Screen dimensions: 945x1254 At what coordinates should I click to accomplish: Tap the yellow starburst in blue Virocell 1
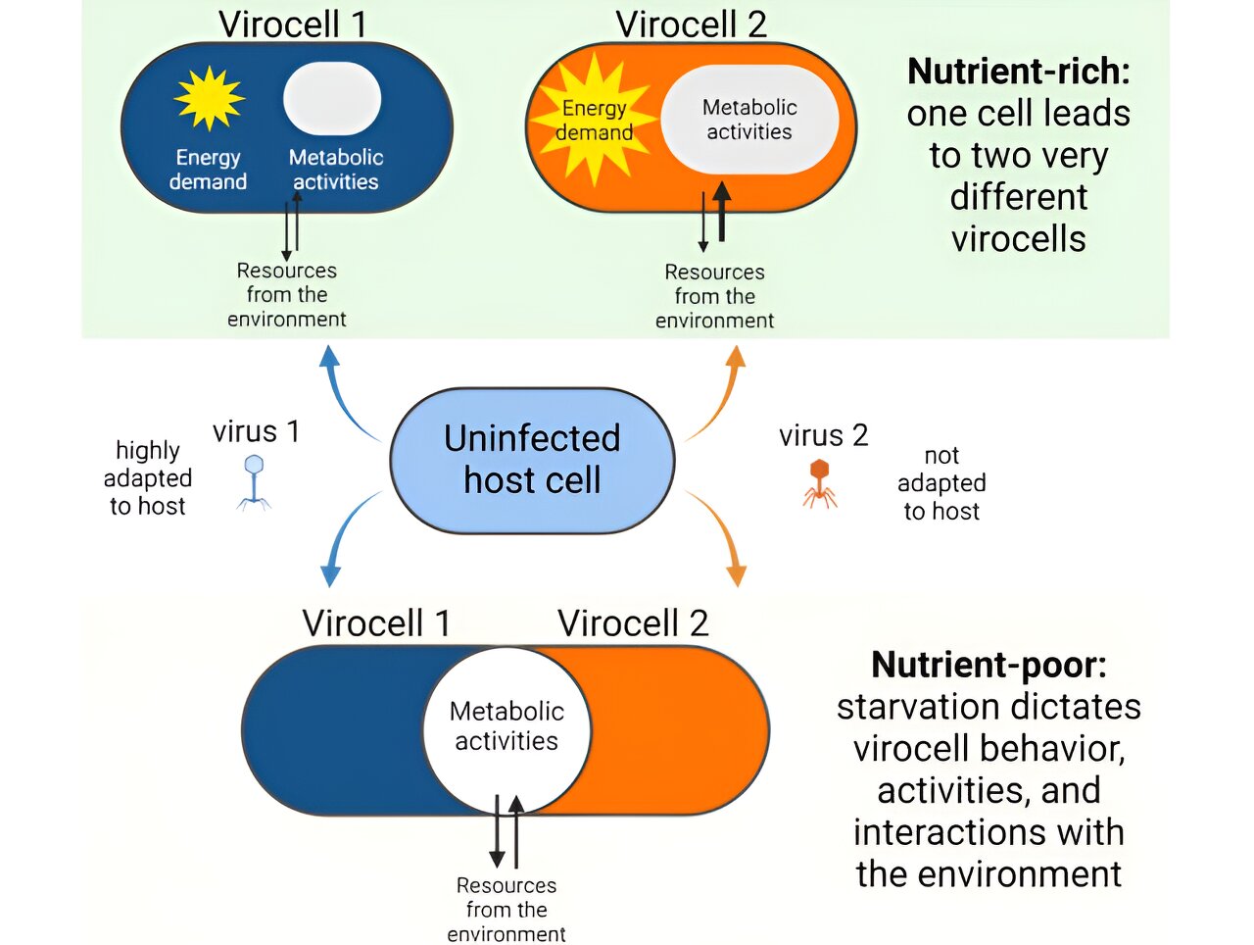(x=209, y=98)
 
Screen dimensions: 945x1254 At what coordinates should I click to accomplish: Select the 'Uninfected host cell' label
(x=532, y=459)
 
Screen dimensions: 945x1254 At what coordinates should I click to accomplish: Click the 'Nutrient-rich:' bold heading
(x=1019, y=72)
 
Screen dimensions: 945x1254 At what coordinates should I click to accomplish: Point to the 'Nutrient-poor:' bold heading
(x=989, y=665)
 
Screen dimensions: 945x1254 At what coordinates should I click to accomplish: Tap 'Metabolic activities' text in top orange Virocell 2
(x=749, y=120)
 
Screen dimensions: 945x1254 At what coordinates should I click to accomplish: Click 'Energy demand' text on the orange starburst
(x=594, y=120)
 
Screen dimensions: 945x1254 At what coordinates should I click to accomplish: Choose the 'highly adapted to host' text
(x=148, y=478)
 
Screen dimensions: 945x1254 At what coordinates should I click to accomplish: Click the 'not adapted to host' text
(x=941, y=483)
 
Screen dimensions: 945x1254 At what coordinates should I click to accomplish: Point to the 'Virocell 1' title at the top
(x=293, y=24)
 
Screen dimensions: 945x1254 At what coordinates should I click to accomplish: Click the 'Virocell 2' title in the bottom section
(x=633, y=623)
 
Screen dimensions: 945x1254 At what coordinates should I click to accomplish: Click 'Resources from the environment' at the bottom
(x=506, y=910)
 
